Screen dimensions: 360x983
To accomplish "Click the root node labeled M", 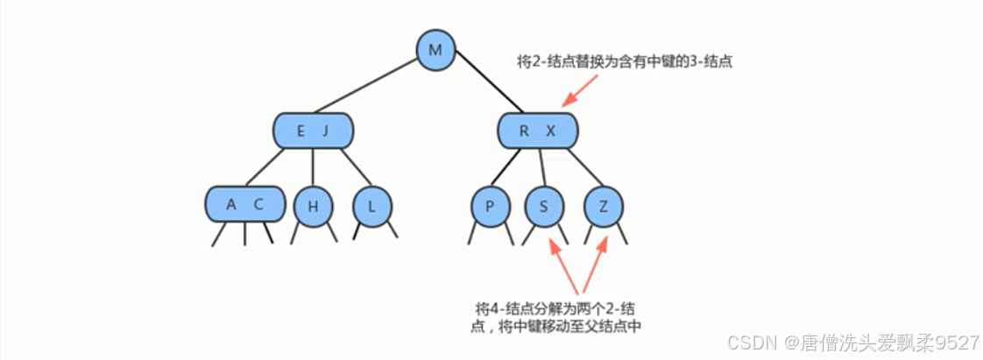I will coord(435,50).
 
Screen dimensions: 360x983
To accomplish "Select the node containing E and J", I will coord(313,131).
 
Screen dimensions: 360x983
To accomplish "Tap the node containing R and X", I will coord(538,131).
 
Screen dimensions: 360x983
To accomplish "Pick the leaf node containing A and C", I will coord(245,204).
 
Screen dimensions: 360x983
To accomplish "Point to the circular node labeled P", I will coord(489,206).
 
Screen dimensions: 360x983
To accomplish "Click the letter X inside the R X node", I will coord(551,131).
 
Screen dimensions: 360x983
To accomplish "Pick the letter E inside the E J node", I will coord(301,131).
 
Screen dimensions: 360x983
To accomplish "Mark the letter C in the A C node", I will coord(258,204).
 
